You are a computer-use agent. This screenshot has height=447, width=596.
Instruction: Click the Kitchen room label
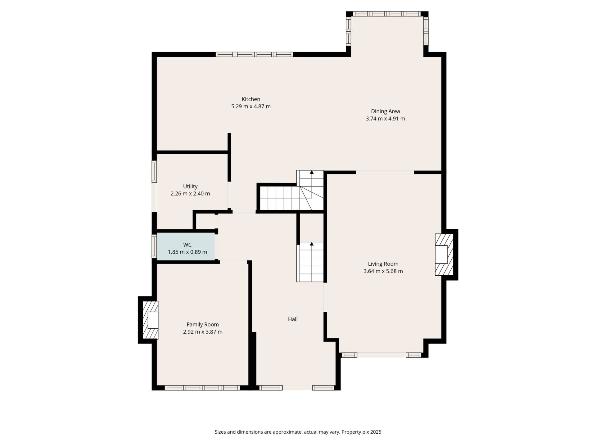coord(251,99)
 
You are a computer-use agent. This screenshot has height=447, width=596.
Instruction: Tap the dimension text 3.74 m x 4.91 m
coord(385,119)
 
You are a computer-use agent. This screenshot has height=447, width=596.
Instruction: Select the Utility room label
coord(190,186)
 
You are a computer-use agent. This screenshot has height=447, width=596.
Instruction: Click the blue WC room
coord(186,247)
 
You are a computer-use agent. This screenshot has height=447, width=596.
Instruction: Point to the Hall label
coord(293,319)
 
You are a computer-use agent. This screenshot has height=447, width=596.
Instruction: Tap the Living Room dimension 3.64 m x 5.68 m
coord(383,271)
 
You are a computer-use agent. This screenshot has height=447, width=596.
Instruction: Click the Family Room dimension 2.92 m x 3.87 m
coord(203,332)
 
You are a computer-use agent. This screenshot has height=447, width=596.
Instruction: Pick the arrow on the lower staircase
coord(312,244)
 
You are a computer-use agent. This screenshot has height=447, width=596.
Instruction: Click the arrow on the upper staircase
coord(312,172)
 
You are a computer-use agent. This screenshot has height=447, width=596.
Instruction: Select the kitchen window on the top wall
coord(254,54)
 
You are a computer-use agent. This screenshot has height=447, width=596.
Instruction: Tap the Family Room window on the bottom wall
coord(202,388)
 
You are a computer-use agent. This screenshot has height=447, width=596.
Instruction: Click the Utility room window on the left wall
coord(154,171)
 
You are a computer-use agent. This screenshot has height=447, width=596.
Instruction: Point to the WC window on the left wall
coord(154,246)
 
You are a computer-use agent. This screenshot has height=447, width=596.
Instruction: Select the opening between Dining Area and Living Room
coord(385,172)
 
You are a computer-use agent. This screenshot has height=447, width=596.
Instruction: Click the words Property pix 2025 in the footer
coord(361,432)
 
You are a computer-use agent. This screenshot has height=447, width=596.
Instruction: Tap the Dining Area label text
coord(385,111)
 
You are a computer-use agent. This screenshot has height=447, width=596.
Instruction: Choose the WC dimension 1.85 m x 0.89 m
coord(187,252)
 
